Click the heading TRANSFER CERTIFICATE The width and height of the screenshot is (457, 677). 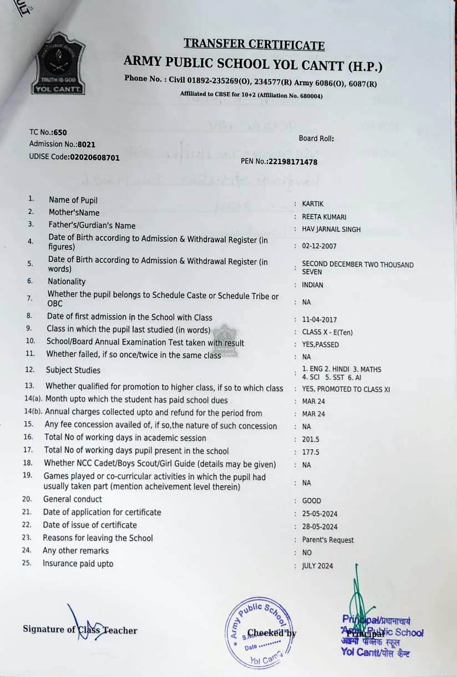pos(254,44)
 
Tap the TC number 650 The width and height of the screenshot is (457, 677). pos(60,132)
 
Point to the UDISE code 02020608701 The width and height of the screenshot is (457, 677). pos(94,157)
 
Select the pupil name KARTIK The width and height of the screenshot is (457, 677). pos(313,203)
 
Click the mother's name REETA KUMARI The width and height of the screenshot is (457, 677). pos(324,217)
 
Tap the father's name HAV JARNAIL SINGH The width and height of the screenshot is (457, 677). pos(331,230)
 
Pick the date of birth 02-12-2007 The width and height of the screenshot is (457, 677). pos(319,246)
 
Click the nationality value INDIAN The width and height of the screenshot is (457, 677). pos(313,285)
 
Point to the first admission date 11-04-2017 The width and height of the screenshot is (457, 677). pos(319,320)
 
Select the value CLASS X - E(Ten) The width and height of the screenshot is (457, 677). pos(327,332)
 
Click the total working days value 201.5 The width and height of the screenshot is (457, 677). pos(311,439)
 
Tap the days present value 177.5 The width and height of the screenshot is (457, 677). pos(311,452)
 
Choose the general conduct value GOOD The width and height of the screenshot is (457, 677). pos(312,501)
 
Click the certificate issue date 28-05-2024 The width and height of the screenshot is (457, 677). pos(319,527)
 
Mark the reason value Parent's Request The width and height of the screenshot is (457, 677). pos(328,539)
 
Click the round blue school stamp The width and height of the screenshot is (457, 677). pos(260,633)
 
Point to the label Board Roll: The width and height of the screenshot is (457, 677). pos(317,139)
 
